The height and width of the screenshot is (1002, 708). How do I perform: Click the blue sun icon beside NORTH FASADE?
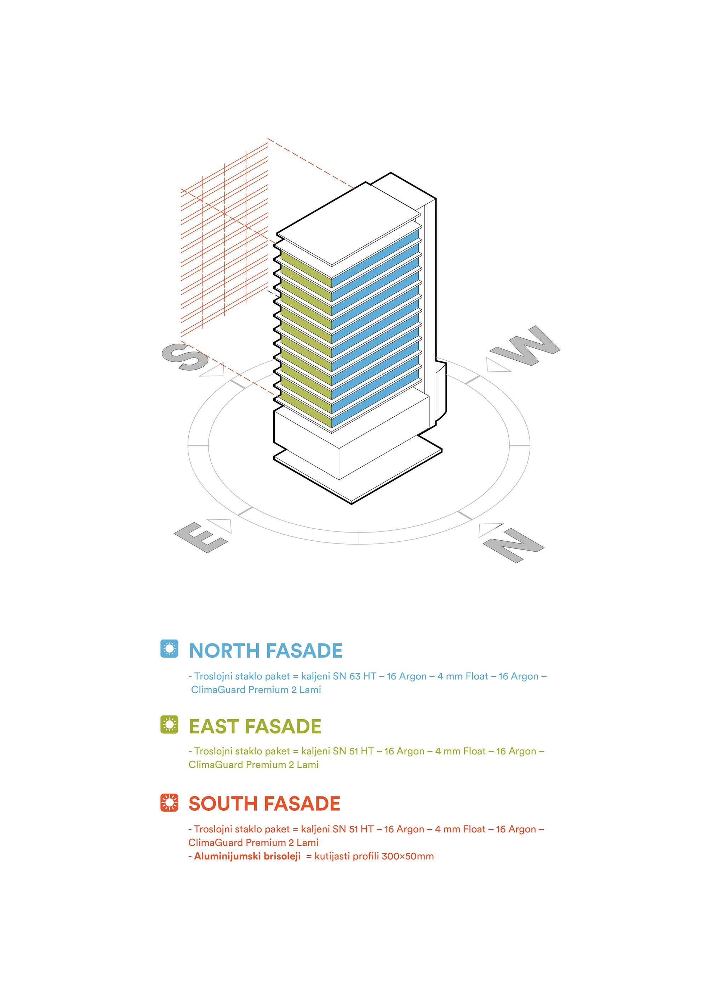click(169, 648)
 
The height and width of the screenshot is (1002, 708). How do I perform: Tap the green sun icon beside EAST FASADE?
click(169, 725)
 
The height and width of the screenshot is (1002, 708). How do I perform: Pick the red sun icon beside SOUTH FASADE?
click(169, 802)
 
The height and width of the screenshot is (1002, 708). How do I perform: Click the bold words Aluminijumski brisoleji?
click(247, 856)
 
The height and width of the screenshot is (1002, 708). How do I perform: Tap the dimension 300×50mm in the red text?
click(407, 856)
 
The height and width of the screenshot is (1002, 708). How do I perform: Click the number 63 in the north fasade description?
click(355, 676)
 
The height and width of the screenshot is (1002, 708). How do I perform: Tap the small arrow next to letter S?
click(215, 370)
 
